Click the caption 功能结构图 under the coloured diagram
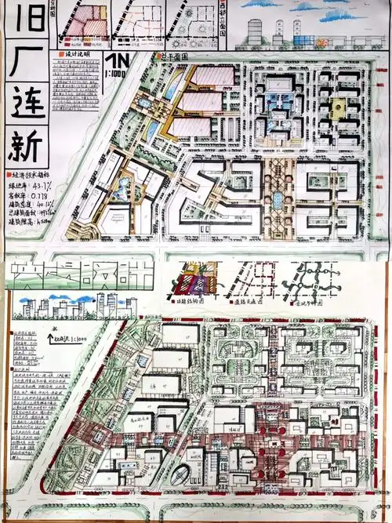point(192,300)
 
